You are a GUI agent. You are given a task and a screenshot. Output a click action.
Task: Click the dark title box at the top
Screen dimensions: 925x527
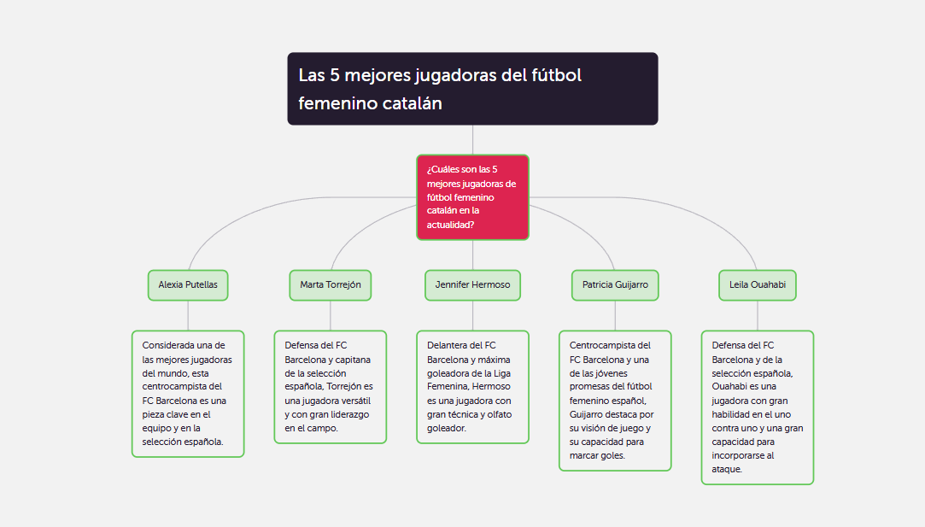[472, 89]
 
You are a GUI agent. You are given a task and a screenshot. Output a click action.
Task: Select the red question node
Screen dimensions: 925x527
[472, 197]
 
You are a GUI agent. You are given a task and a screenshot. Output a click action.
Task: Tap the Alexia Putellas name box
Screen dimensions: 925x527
[188, 285]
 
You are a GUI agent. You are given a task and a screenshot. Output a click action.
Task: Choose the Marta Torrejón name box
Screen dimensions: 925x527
[331, 285]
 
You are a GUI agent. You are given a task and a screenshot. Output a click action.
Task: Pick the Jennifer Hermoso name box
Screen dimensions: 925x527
[472, 285]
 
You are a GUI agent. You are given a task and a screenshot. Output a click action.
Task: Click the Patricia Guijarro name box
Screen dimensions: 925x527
[615, 285]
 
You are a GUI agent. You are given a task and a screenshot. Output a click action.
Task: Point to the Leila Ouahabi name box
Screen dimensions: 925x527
[758, 285]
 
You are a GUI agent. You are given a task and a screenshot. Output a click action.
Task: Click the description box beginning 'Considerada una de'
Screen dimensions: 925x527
[188, 394]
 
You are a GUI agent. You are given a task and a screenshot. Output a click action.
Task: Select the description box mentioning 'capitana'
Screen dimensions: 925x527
[331, 387]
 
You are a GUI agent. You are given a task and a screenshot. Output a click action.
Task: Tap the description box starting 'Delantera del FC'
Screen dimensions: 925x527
[472, 387]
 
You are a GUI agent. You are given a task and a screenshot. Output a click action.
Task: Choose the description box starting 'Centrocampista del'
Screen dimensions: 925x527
[615, 401]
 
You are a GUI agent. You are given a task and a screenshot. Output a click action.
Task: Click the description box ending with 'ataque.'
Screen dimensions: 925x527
[758, 407]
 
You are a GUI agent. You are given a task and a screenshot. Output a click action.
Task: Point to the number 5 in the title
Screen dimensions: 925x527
[335, 75]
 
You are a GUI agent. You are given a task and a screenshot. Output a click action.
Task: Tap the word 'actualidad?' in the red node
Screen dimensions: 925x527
[451, 225]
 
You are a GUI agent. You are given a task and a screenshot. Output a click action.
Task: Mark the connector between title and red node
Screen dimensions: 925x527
[472, 140]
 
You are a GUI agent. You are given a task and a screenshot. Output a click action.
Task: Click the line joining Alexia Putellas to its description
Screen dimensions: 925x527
[188, 316]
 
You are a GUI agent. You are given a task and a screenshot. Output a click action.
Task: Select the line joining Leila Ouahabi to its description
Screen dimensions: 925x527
[758, 316]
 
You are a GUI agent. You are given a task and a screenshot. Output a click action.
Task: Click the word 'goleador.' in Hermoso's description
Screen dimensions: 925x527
[447, 429]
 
